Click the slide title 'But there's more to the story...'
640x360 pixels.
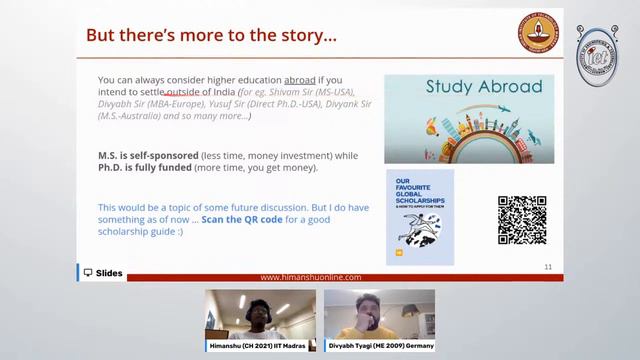pyautogui.click(x=211, y=35)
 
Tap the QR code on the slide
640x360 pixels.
pyautogui.click(x=522, y=220)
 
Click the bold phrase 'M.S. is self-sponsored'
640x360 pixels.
pyautogui.click(x=156, y=154)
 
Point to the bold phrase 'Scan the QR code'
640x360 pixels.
pyautogui.click(x=248, y=220)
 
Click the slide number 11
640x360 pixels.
pyautogui.click(x=548, y=267)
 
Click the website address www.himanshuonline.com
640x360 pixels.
pyautogui.click(x=310, y=277)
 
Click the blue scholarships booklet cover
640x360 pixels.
pyautogui.click(x=419, y=217)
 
